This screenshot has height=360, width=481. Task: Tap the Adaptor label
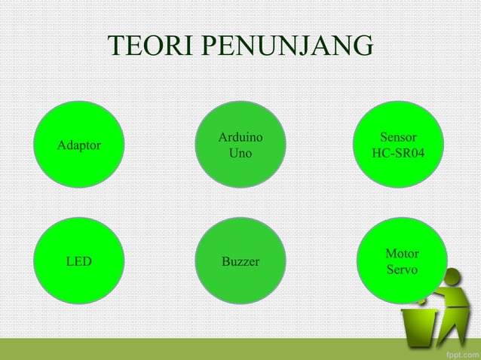(x=79, y=145)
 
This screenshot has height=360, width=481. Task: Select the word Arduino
(x=240, y=138)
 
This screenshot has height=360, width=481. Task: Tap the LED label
(x=78, y=262)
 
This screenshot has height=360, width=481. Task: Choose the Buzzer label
(x=240, y=262)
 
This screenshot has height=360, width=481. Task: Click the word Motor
(x=402, y=254)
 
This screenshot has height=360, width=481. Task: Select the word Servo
(x=402, y=270)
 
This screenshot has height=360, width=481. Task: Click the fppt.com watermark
(x=458, y=352)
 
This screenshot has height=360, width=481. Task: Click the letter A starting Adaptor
(x=62, y=145)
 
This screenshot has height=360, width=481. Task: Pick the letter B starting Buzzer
(x=225, y=262)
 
